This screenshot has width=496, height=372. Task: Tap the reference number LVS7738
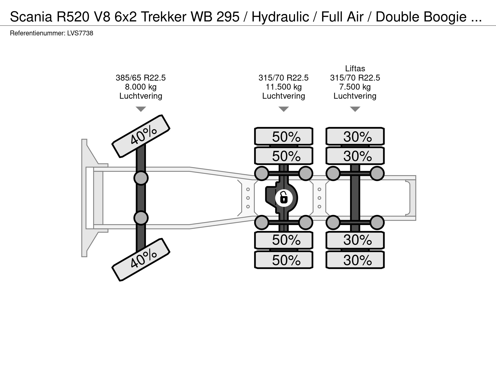[x=80, y=33]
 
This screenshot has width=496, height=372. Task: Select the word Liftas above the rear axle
[x=355, y=68]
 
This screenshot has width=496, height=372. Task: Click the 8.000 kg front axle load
[x=141, y=87]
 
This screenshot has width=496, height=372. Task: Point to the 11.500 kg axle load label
[x=284, y=87]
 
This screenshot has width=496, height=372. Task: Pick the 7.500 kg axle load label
[x=355, y=87]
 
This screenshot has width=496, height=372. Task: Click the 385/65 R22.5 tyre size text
[x=141, y=78]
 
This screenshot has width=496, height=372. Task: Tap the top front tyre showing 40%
[x=141, y=136]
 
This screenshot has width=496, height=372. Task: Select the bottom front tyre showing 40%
[x=141, y=260]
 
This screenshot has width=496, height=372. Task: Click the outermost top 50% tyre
[x=284, y=136]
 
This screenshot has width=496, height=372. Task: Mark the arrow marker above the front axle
[x=141, y=109]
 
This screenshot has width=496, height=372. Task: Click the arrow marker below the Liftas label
[x=355, y=109]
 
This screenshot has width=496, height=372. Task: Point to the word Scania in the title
[x=30, y=17]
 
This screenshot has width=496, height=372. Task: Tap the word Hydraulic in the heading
[x=280, y=17]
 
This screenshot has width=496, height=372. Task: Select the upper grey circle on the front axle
[x=141, y=178]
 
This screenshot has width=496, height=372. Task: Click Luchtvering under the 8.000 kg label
[x=141, y=96]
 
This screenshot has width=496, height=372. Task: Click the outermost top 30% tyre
[x=355, y=136]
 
